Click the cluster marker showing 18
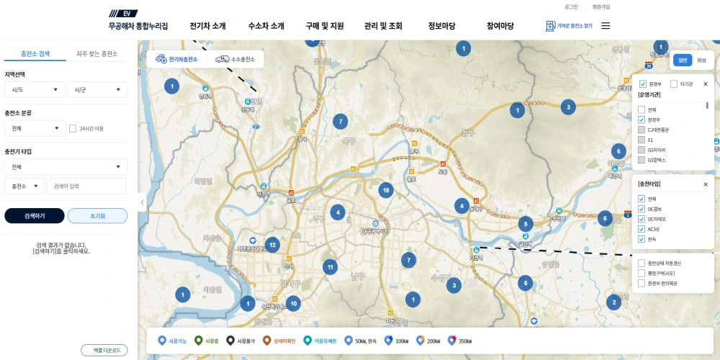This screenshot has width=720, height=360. point(387,191)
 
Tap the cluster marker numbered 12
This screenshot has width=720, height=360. point(272,245)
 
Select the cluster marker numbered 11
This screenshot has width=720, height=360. point(330,266)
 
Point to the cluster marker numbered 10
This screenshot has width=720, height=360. point(292,303)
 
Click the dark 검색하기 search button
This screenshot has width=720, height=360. point(35,216)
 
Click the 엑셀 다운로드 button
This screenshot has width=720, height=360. point(104,350)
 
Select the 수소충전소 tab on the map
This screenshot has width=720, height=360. point(236,59)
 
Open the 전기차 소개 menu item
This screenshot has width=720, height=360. point(208,26)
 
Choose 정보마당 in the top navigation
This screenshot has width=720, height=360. point(441,26)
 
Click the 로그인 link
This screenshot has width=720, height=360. point(571,6)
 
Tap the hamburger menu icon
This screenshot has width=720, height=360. point(606,26)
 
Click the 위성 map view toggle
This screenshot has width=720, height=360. point(701,60)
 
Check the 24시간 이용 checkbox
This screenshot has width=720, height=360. point(73,129)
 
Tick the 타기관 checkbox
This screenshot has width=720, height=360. point(674,84)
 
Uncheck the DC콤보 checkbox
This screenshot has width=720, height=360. point(642,209)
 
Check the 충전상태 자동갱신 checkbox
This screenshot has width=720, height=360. point(642,263)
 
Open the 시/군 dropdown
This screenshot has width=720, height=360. point(96,90)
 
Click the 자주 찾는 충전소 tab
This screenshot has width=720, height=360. point(96,54)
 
